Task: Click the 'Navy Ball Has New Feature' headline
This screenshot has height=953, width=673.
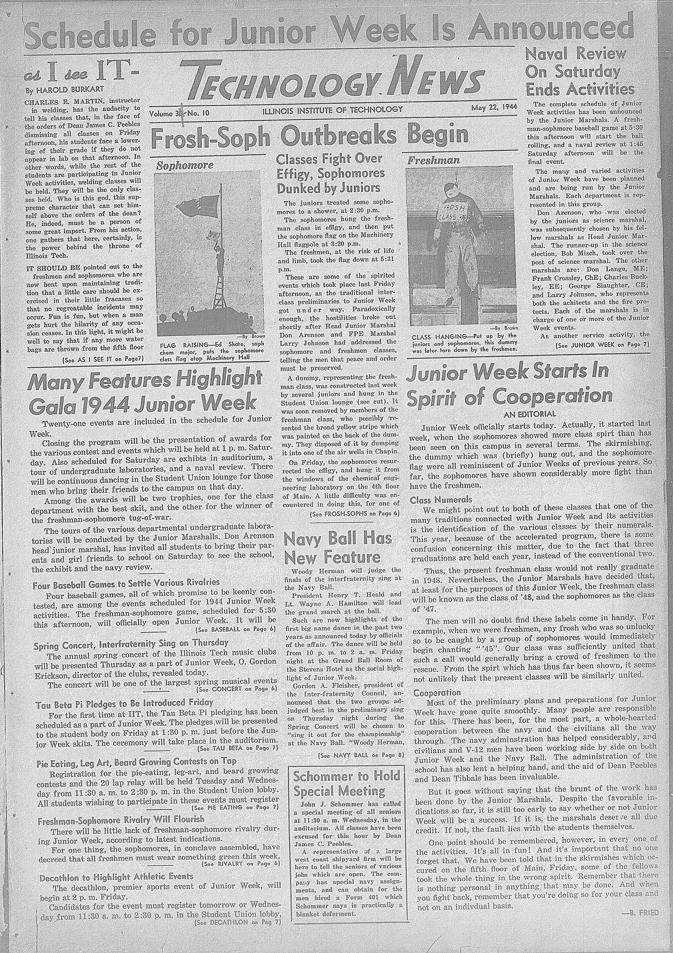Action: (337, 547)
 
